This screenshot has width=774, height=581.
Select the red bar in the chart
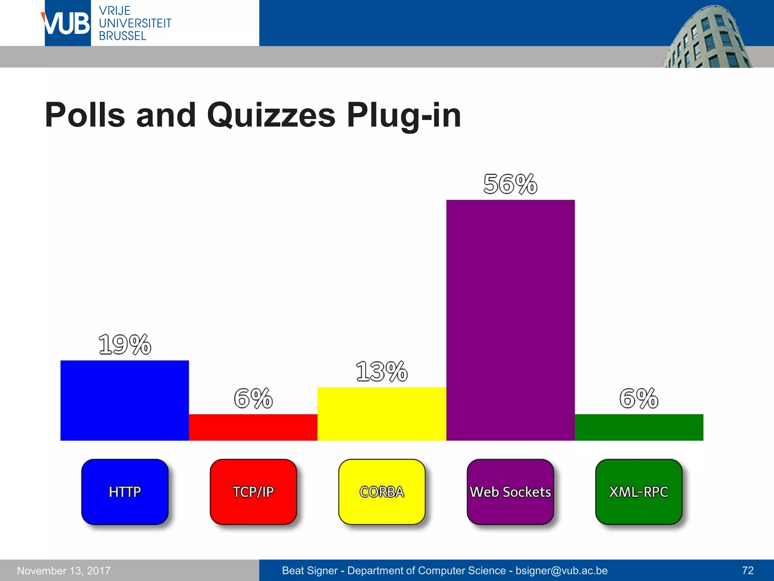253,427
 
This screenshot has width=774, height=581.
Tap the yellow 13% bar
382,414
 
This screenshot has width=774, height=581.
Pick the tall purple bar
511,320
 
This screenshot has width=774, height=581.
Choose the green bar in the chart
639,427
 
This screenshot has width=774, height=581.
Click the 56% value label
510,184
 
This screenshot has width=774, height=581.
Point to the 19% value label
125,345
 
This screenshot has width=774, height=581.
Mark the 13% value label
382,371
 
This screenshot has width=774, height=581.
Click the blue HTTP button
125,492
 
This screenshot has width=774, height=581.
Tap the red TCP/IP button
253,492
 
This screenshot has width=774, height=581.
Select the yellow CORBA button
382,492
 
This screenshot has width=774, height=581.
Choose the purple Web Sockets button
510,492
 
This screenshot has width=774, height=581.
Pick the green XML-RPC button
639,492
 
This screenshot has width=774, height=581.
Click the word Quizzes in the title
271,115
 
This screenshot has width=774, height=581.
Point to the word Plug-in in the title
404,115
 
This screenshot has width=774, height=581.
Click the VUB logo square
68,23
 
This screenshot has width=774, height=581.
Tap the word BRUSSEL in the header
122,36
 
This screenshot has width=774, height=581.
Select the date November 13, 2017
64,570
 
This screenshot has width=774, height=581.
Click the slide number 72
748,570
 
